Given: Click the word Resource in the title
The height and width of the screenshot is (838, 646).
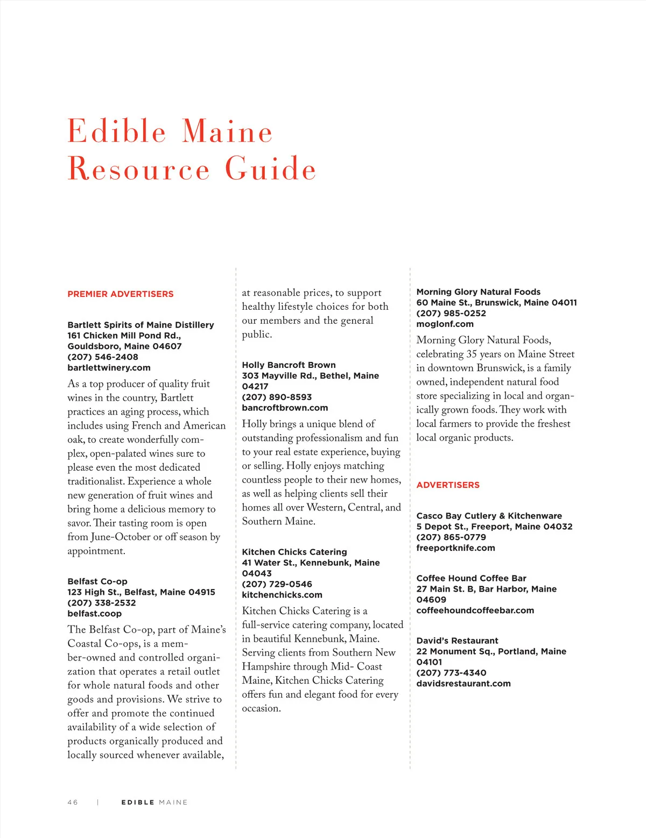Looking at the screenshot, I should (x=138, y=169).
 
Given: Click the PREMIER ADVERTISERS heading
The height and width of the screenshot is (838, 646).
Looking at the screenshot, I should (x=121, y=294).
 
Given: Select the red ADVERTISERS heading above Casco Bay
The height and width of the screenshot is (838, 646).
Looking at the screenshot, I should (x=448, y=485).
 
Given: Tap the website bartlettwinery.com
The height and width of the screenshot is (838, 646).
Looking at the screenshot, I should (x=109, y=368).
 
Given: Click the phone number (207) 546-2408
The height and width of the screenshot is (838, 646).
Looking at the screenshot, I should (x=103, y=357).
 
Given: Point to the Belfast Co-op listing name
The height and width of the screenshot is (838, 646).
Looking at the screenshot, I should (x=97, y=581).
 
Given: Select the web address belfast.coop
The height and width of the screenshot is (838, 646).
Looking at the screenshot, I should (x=94, y=614).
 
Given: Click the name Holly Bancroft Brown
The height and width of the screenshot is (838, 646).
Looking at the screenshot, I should (x=289, y=365).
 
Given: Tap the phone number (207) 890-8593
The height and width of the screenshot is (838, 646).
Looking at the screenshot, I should (x=277, y=397).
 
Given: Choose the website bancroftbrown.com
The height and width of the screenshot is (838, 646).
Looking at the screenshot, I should (x=285, y=408).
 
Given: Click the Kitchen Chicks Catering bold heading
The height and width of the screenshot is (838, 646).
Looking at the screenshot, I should (x=294, y=552).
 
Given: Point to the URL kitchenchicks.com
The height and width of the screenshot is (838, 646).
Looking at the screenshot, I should (x=282, y=595).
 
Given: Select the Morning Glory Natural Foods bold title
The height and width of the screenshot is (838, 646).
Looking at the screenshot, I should (x=478, y=292).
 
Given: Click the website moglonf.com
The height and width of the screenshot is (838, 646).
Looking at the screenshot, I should (x=445, y=324).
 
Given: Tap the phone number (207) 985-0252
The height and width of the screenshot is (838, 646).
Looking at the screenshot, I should (x=451, y=314).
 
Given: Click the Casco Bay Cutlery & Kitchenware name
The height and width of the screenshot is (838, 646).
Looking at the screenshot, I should (x=489, y=516).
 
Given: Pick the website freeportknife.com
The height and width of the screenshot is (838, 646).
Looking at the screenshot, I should (x=455, y=549).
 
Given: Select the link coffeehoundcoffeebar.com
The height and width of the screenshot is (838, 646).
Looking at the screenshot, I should (x=475, y=611).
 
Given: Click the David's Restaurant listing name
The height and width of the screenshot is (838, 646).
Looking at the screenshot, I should (x=457, y=641).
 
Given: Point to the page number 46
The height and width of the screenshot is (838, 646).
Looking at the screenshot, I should (x=73, y=803).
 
